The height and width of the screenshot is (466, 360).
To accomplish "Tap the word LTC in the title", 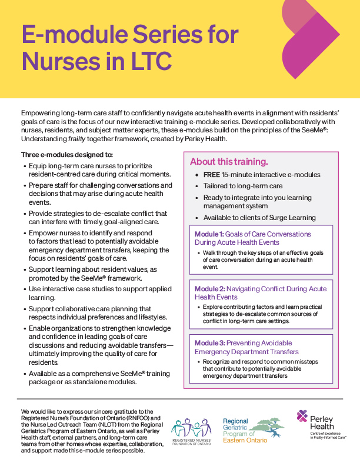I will [144, 61].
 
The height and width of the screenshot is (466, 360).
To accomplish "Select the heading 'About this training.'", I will [229, 161].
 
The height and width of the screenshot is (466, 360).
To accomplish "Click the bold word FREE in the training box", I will [212, 175].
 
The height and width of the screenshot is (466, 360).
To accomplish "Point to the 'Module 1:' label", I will [211, 234].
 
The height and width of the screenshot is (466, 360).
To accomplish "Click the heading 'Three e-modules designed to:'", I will [67, 155].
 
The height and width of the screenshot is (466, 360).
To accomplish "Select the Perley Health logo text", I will [326, 422].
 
